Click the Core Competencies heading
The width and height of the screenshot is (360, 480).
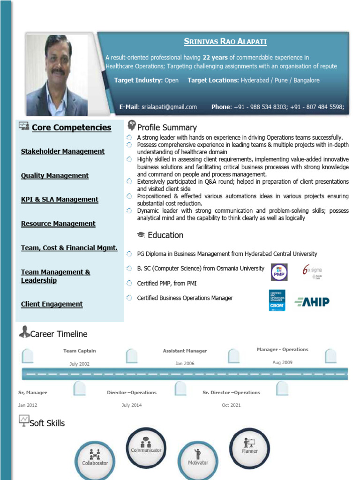tap(71, 127)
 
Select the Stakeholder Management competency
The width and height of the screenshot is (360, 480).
tap(63, 151)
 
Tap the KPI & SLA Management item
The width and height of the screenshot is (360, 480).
tap(60, 200)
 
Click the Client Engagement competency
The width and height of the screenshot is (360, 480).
tap(52, 304)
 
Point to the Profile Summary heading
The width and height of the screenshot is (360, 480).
tap(167, 127)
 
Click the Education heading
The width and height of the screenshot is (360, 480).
tap(165, 235)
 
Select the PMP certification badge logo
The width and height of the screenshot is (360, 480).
tap(279, 272)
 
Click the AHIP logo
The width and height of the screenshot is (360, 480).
tap(312, 301)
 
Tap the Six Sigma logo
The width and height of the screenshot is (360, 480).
tap(312, 272)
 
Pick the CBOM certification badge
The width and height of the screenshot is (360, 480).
tap(277, 300)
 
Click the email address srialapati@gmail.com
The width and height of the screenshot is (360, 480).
tap(169, 107)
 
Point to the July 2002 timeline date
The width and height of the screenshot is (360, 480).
tap(79, 364)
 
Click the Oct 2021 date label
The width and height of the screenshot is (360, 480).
tap(231, 405)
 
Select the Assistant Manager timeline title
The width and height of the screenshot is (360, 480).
tap(185, 351)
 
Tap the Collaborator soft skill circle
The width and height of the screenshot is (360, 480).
tap(95, 459)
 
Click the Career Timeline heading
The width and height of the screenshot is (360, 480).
tap(59, 334)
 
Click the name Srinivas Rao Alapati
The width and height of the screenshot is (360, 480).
tap(225, 42)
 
